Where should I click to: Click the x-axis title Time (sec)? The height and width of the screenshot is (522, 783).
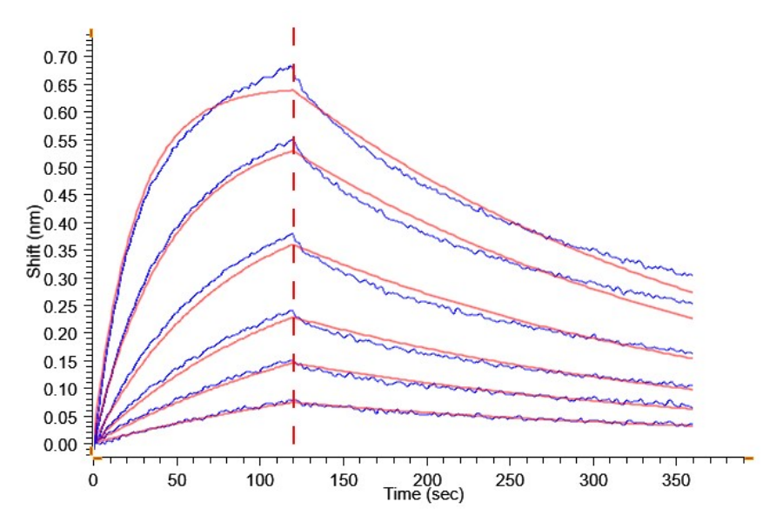coord(425,495)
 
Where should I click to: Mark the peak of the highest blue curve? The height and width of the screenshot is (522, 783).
coord(291,65)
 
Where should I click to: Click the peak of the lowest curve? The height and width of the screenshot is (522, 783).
coord(293,401)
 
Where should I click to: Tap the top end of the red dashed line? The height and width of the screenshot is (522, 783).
coord(293,29)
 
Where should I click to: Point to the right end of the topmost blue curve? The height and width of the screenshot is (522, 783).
coord(692,275)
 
